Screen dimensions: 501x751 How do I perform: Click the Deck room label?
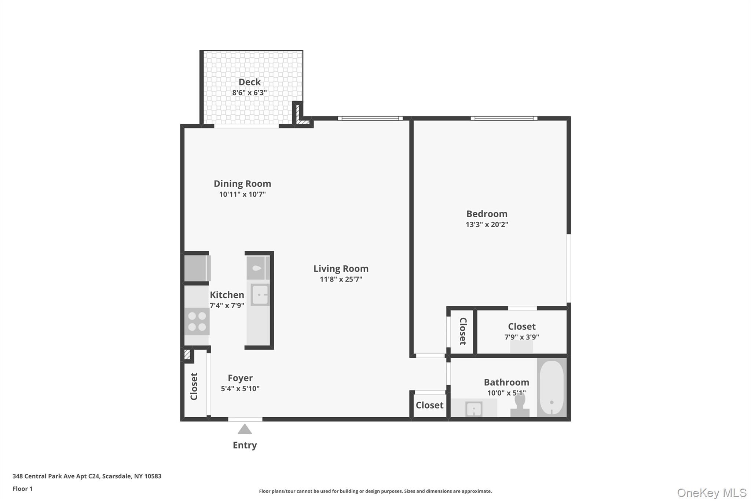[249, 82]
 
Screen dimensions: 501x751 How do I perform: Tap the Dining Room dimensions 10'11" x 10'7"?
[242, 194]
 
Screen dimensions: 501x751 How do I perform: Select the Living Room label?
[341, 269]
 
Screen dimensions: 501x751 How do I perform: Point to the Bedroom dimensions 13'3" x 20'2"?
[487, 224]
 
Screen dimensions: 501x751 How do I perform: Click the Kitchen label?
[227, 295]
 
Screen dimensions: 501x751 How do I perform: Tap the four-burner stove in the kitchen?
[197, 322]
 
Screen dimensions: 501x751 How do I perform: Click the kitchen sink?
[260, 295]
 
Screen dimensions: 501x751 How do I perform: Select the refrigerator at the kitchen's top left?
[196, 268]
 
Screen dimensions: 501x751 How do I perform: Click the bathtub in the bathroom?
[552, 388]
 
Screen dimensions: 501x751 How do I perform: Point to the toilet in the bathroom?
[520, 406]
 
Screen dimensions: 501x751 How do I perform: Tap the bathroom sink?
[473, 409]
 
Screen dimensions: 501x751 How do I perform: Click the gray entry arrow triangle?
[245, 429]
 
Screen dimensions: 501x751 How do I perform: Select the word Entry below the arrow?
[245, 445]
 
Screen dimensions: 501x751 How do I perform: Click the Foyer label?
[240, 378]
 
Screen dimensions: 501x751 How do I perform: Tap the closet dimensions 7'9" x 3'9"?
[521, 337]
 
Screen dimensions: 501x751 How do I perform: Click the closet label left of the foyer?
[194, 386]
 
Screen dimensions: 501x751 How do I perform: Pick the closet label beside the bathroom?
[429, 405]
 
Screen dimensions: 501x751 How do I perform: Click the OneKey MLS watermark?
[711, 493]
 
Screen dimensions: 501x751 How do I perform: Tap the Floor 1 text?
[22, 489]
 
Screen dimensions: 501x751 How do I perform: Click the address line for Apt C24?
[87, 476]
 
